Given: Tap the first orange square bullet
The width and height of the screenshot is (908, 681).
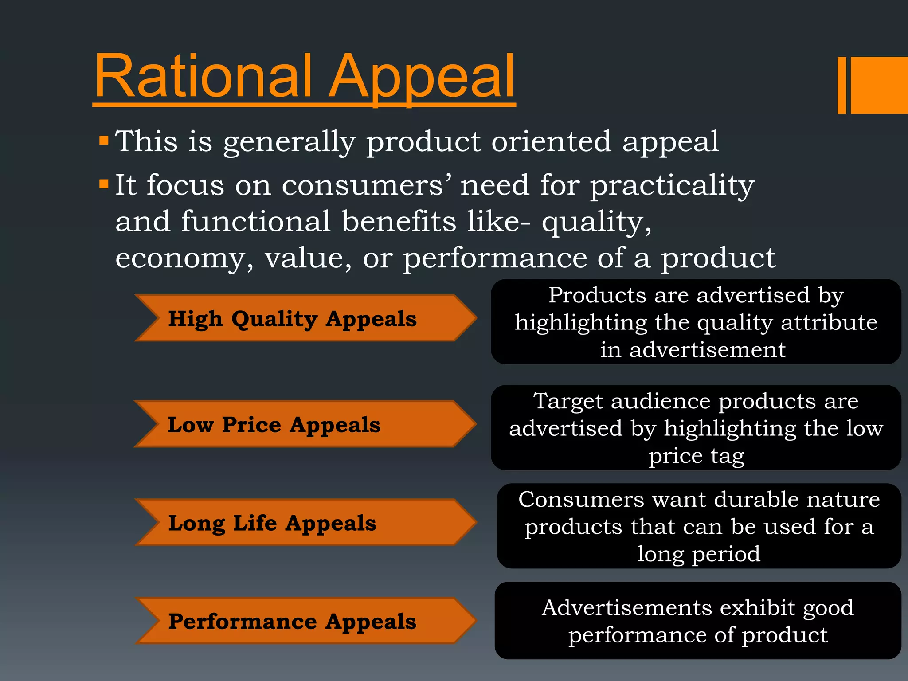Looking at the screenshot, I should (104, 141).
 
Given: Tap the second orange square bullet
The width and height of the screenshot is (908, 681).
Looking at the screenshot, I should (104, 184).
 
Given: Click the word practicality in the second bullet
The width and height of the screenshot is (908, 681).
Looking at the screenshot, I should (672, 185).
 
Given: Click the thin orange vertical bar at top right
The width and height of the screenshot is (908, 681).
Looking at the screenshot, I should (841, 85).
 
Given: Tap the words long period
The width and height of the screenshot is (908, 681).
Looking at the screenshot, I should (699, 554).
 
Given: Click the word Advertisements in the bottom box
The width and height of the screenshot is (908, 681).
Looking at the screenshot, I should (625, 607).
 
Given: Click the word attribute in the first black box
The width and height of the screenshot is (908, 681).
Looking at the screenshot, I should (829, 322).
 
